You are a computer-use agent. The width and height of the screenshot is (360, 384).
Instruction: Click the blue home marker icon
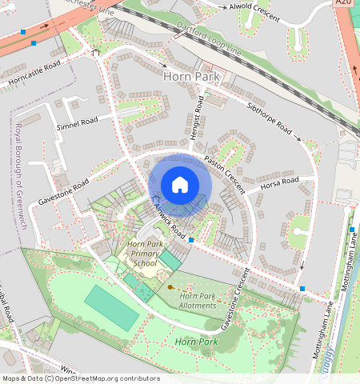[180, 185]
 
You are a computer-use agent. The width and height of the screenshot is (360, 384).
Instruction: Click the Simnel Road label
[77, 123]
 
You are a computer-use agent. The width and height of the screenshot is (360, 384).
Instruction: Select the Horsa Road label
[279, 185]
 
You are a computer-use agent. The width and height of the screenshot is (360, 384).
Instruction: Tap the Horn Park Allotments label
[198, 302]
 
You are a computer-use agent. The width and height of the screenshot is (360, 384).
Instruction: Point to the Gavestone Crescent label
[235, 299]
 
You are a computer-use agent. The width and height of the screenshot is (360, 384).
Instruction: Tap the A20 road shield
[343, 3]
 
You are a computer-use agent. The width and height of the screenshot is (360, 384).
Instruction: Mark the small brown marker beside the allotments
[170, 286]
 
